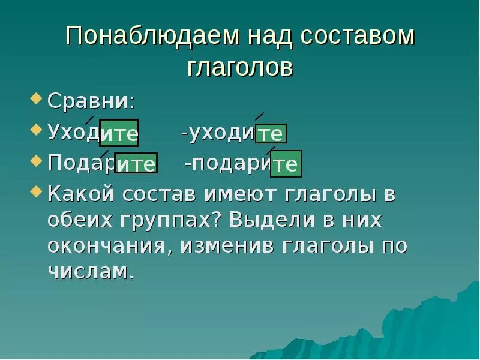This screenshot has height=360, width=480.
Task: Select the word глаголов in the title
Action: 240,67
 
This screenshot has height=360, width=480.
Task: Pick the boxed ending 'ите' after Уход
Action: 119,133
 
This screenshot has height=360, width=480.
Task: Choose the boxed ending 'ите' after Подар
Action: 136,163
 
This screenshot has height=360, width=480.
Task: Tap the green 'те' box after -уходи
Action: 271,133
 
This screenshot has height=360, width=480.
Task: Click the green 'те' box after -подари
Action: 285,164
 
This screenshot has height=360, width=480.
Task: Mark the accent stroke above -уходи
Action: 260,116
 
